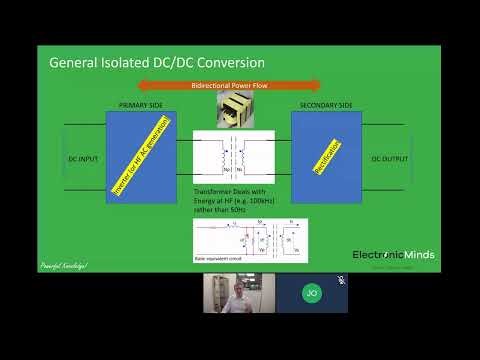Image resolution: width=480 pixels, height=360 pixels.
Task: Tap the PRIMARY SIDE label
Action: [x=140, y=104]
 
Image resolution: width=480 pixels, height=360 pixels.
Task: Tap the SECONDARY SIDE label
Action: [x=326, y=104]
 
